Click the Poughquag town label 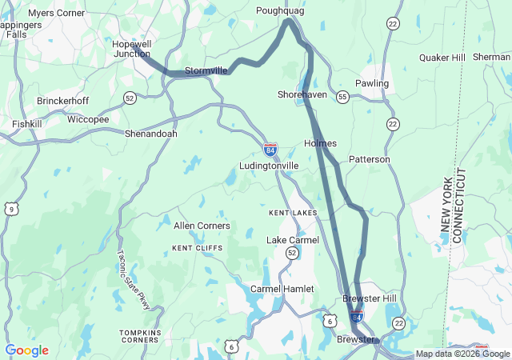pos(281,10)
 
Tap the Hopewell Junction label pos(131,48)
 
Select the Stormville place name pos(206,70)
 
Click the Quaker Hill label pos(442,58)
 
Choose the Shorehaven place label pos(302,94)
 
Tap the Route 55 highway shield pos(342,97)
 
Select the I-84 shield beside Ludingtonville pos(270,150)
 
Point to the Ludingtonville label pos(269,166)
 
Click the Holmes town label pos(320,143)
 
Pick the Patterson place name pos(369,159)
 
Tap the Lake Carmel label pos(292,240)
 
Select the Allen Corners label pos(202,226)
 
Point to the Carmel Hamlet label pos(282,288)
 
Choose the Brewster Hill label pos(369,298)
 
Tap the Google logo pos(26,350)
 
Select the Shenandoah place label pos(150,134)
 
